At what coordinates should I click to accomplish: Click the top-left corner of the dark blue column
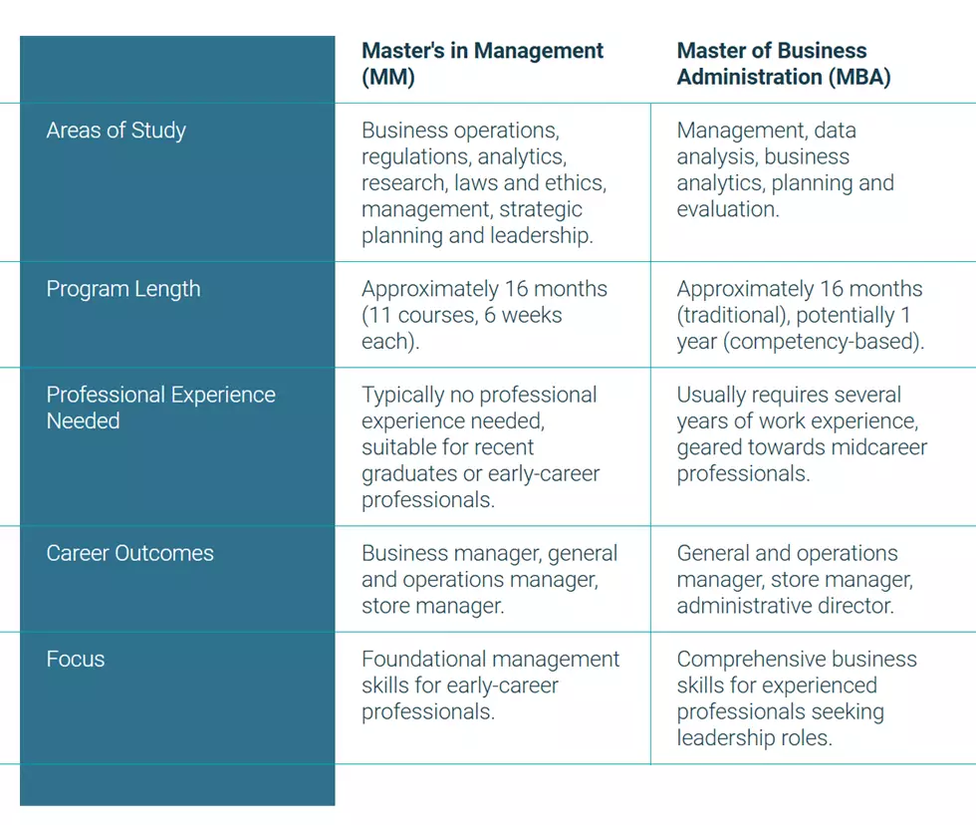tap(20, 36)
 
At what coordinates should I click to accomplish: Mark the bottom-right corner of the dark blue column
tap(335, 806)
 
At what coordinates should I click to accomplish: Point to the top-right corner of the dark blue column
tap(335, 36)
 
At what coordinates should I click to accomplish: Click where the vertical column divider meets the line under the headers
tap(650, 104)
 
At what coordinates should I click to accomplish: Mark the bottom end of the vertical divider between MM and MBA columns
tap(650, 764)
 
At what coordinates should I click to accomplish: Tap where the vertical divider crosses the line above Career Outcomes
tap(650, 526)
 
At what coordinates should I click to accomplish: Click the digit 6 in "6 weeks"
tap(490, 315)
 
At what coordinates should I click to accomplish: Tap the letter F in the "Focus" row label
tap(52, 659)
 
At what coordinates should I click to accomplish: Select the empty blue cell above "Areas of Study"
tap(177, 70)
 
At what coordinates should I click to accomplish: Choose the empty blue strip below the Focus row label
tap(177, 785)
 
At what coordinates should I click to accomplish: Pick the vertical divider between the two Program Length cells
tap(650, 315)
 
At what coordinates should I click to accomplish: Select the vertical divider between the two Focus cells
tap(650, 698)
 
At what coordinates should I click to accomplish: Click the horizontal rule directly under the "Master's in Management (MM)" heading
tap(492, 104)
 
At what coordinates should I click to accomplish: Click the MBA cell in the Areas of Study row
tap(813, 182)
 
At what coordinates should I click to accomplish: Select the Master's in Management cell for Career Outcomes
tap(492, 579)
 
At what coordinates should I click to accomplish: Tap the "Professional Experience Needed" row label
tap(160, 408)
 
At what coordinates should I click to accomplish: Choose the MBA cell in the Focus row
tap(813, 698)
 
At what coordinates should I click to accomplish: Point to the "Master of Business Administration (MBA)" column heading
tap(784, 64)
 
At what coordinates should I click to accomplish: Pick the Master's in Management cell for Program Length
tap(492, 315)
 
